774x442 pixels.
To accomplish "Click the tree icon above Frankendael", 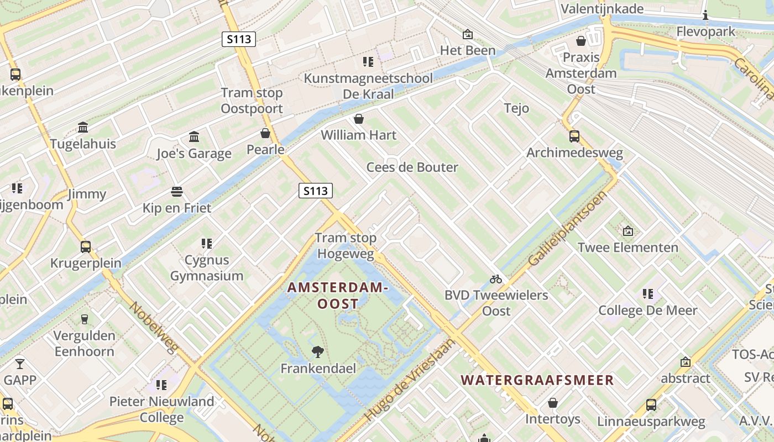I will pos(318,351).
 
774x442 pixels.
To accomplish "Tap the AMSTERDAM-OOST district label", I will pos(337,296).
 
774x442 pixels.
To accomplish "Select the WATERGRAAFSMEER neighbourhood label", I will pos(537,380).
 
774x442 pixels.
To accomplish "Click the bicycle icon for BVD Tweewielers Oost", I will pos(496,279).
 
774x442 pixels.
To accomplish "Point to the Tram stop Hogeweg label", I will pos(346,246).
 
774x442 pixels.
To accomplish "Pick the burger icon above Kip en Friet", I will pos(177,192).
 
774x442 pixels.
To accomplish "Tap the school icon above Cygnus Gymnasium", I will pos(206,243).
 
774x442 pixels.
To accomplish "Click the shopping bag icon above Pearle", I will pos(265,133).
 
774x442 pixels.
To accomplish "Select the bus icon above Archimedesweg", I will pos(574,136).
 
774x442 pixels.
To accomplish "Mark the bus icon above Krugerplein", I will pos(86,246).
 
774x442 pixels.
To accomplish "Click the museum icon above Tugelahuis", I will pos(83,128).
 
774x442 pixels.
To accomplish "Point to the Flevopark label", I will pos(706,31).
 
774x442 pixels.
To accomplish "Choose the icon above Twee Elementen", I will pos(627,231).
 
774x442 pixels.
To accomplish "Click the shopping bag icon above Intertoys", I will pos(552,403).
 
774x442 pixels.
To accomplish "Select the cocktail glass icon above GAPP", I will pos(20,364).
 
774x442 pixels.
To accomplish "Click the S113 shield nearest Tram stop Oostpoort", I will pos(239,39).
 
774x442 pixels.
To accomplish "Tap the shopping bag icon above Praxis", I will pos(581,41).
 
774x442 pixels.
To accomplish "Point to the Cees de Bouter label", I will pos(412,167).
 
